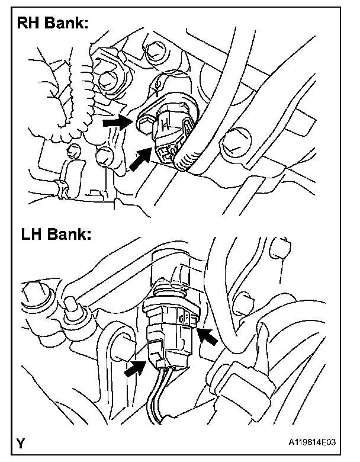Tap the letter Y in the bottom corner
pos(22,442)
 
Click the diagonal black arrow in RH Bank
pos(142,161)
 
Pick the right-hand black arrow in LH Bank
pos(208,338)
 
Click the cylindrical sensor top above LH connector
pos(175,269)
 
